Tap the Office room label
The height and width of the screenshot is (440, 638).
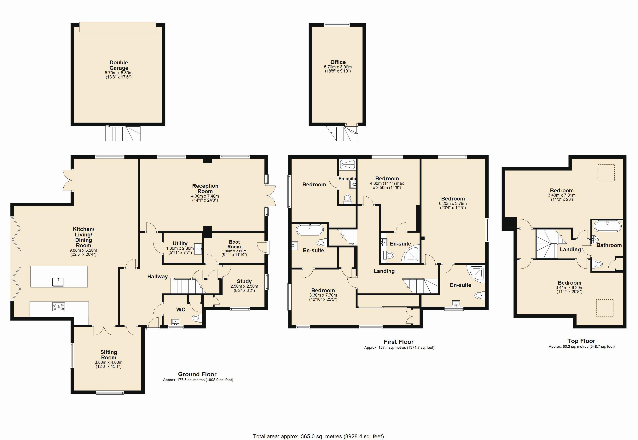tap(338, 62)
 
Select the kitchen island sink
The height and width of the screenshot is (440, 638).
tap(58, 282)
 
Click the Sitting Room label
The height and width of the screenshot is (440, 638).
tap(109, 355)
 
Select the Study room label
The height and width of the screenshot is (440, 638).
tap(244, 281)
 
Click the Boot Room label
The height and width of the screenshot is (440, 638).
tap(234, 244)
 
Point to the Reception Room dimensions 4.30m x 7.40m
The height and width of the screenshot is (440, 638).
tap(205, 196)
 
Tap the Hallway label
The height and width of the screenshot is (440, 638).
tap(157, 276)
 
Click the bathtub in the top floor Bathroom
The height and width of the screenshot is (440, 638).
tap(608, 226)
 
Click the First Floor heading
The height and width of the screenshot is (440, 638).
tap(399, 342)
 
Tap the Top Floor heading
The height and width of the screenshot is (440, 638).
tap(581, 341)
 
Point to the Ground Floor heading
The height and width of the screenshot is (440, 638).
tap(197, 374)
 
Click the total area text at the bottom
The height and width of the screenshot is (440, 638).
tap(318, 436)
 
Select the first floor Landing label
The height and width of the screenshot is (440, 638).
tap(384, 271)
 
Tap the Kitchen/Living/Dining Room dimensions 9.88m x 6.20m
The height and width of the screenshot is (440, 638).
tap(83, 250)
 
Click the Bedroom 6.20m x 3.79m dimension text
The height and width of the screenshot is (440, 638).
tap(453, 203)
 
